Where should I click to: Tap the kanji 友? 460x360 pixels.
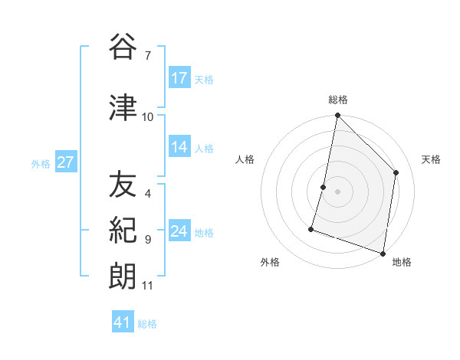(123, 185)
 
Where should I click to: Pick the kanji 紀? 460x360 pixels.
(123, 230)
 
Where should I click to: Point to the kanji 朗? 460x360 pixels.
(123, 275)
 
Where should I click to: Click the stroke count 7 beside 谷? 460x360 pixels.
(147, 55)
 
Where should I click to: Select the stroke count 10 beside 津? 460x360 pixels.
(147, 116)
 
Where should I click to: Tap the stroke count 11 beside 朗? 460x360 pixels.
(147, 286)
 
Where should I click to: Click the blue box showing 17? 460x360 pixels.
(179, 78)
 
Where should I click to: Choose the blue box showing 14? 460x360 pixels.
(179, 147)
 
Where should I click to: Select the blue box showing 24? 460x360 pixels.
(179, 231)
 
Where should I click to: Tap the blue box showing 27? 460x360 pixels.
(65, 162)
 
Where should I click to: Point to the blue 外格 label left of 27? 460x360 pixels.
(41, 163)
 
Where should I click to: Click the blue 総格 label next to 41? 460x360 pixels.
(147, 324)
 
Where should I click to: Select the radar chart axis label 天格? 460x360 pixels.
(432, 159)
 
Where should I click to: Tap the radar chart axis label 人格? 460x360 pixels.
(245, 159)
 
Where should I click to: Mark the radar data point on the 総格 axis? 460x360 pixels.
(337, 116)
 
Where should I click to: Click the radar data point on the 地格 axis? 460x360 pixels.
(383, 253)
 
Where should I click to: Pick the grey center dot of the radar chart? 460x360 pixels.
(337, 191)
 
